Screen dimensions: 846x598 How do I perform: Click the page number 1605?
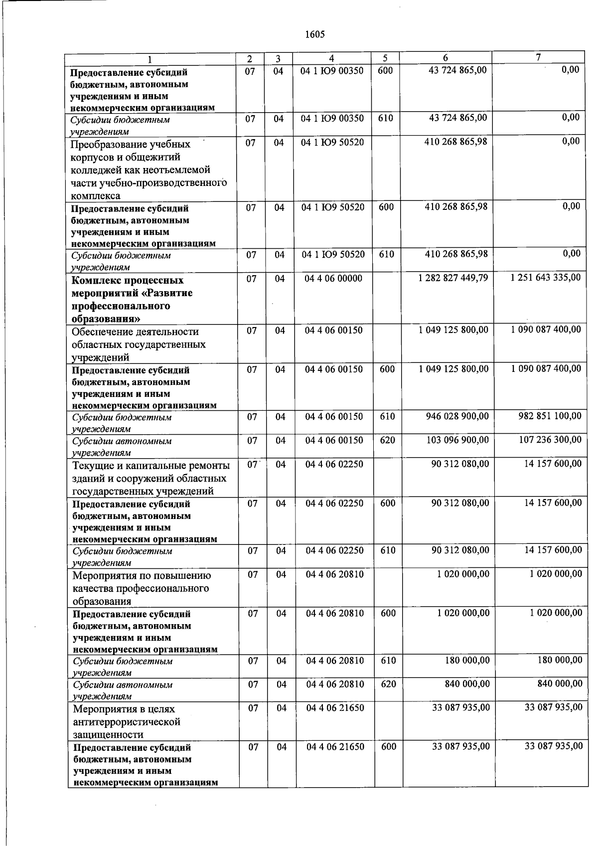314,34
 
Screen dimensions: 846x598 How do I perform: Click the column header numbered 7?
538,57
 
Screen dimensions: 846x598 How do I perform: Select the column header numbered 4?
332,58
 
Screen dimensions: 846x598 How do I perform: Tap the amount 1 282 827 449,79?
453,278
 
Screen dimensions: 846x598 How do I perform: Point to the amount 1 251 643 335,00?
545,277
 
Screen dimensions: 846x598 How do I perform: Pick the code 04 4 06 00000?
333,279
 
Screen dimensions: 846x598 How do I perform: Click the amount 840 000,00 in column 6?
467,684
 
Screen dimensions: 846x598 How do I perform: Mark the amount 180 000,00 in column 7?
560,660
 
